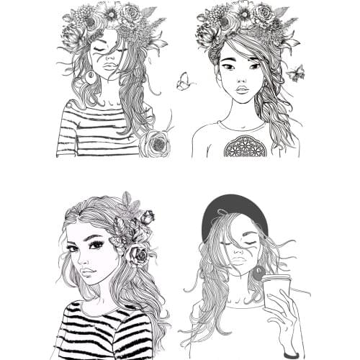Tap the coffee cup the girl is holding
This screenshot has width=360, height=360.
[275, 295]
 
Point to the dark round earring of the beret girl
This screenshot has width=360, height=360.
[257, 273]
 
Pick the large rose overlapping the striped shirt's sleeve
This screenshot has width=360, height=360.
[154, 143]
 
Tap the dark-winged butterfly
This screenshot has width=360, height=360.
[296, 73]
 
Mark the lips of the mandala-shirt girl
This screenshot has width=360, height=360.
[242, 89]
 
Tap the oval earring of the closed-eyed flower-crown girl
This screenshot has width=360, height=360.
[91, 77]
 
